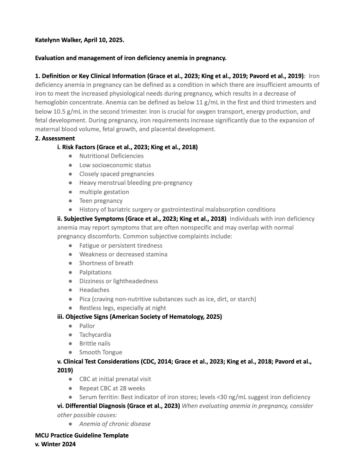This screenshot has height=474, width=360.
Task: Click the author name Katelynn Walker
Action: (x=58, y=40)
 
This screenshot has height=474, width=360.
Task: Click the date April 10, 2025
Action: (x=104, y=40)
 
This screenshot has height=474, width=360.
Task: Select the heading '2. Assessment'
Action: (x=55, y=138)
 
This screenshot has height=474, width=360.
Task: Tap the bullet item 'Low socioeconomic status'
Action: (x=115, y=165)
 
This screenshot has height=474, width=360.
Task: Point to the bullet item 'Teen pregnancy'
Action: (x=101, y=201)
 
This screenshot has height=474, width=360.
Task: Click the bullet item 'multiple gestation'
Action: (x=104, y=192)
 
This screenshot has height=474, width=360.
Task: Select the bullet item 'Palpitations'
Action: (x=95, y=272)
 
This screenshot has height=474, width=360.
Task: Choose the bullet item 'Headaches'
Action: (x=94, y=290)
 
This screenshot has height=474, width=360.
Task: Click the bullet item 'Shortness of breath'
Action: (x=106, y=263)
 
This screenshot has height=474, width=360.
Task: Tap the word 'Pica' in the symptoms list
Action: (x=85, y=299)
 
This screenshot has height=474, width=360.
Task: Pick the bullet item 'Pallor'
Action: (x=87, y=326)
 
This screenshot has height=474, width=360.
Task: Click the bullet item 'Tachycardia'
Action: (x=95, y=334)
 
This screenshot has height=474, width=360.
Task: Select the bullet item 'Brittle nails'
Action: (x=95, y=343)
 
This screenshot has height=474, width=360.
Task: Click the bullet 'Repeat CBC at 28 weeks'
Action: (x=112, y=388)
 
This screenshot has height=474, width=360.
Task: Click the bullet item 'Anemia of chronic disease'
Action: (x=115, y=424)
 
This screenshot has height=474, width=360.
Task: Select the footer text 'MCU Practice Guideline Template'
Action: (x=82, y=435)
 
